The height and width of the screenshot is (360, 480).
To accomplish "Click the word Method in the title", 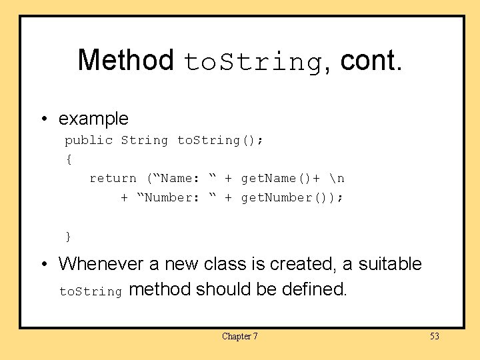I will coord(125,60).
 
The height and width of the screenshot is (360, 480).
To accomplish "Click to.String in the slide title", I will coord(253,62).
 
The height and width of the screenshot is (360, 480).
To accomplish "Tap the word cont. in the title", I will coord(371,60).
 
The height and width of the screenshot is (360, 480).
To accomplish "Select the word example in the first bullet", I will coord(93,119).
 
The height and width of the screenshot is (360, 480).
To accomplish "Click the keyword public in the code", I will coord(89,140).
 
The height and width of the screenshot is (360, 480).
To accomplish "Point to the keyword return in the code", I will coord(113,178).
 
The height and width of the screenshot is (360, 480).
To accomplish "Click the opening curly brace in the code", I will coord(68,159).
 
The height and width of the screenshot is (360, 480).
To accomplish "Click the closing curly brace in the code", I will coord(68,236).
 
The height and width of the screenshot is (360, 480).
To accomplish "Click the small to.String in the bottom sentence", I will coord(91,291).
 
